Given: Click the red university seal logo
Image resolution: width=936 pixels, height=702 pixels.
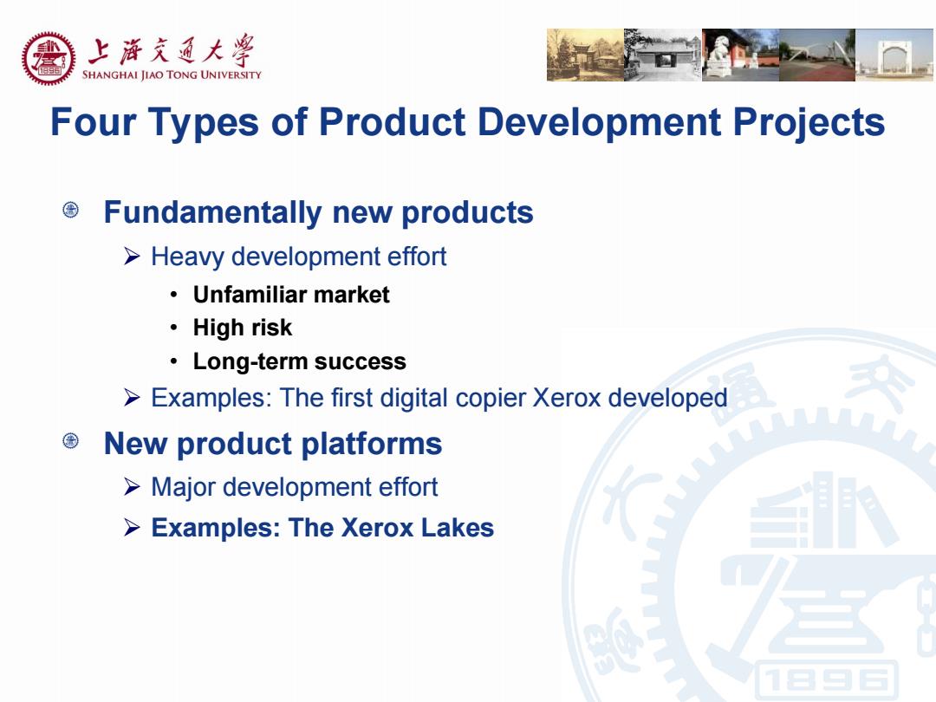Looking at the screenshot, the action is (x=49, y=59).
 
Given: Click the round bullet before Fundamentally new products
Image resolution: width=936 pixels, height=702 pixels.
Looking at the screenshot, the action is (x=70, y=210).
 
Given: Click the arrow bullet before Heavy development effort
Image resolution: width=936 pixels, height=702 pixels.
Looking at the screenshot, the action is (x=132, y=257).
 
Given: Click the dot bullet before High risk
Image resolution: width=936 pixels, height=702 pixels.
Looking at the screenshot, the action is (x=173, y=328).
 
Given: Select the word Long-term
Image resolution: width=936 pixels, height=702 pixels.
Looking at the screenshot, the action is (x=250, y=361).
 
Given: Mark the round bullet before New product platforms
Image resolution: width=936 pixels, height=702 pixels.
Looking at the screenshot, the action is (x=70, y=441).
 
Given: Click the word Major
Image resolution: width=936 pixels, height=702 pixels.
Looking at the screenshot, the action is (x=185, y=487).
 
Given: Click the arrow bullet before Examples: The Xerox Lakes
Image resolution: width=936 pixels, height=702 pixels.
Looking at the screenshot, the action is (x=132, y=528).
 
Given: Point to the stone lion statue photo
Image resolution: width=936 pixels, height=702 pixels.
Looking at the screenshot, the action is (x=740, y=55).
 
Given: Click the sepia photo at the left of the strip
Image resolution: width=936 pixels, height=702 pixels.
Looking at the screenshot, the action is (x=585, y=55).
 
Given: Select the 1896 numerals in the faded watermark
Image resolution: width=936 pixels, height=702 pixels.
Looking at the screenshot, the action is (x=826, y=680).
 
